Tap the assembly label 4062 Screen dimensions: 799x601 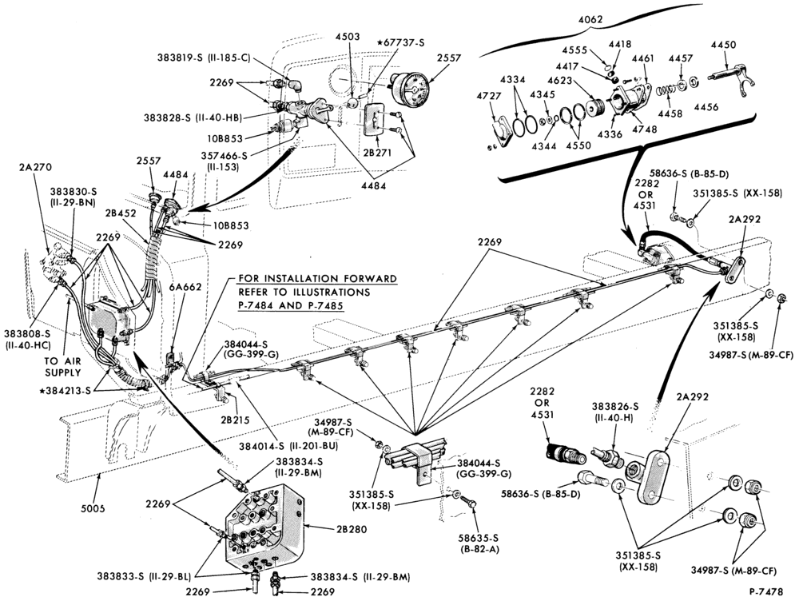590,20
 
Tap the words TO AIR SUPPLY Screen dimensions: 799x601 63,367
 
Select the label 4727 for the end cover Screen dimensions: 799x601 489,96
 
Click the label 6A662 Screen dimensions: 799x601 185,287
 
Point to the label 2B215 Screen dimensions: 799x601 236,420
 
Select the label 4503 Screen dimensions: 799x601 348,37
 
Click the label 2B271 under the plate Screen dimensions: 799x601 377,153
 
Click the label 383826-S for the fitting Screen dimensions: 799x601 615,407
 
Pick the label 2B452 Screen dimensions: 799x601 121,213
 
